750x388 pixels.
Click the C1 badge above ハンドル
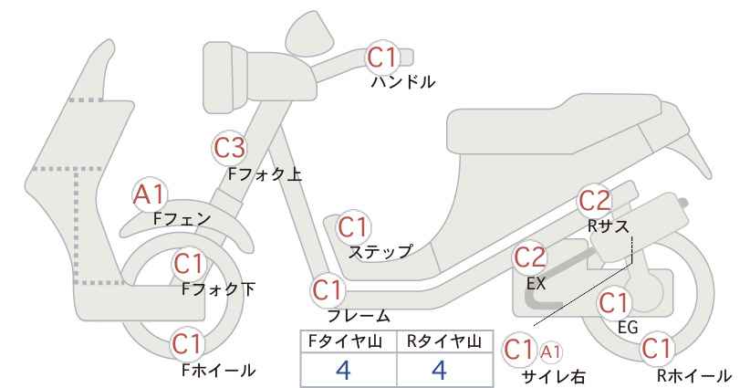tap(382, 57)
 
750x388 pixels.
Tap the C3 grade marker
tap(230, 148)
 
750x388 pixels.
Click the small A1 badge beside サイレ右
tap(550, 352)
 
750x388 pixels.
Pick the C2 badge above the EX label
tap(529, 257)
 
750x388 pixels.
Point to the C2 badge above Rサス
tap(595, 201)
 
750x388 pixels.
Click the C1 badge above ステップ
tap(353, 227)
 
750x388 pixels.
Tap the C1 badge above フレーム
tap(328, 290)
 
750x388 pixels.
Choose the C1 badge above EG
tap(614, 303)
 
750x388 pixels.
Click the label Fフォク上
tap(265, 174)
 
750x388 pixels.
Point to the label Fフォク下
tap(219, 289)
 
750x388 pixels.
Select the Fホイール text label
tap(219, 370)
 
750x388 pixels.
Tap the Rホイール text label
tap(693, 375)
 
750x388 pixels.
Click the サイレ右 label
tap(554, 377)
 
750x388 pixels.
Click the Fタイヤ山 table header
tap(345, 341)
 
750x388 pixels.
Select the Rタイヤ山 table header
tap(444, 341)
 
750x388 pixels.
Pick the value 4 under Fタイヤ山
tap(344, 370)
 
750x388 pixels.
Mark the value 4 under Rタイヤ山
tap(439, 370)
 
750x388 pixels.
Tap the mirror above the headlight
tap(310, 30)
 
